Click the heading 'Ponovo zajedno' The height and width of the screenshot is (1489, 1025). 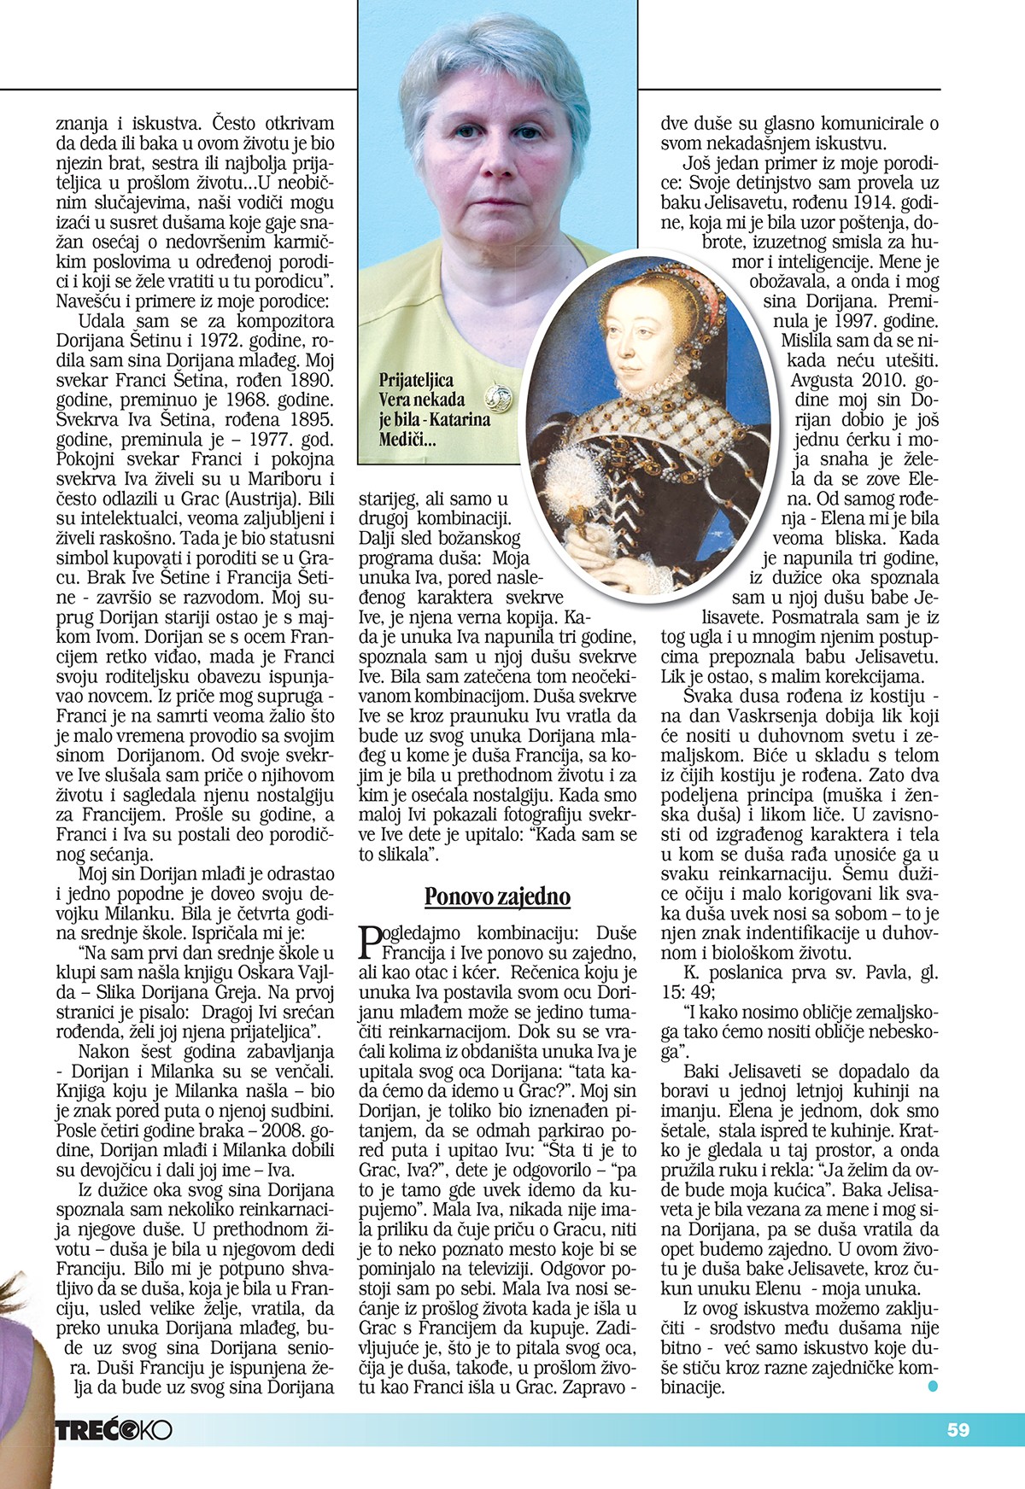click(497, 896)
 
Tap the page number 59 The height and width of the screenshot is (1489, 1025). click(958, 1429)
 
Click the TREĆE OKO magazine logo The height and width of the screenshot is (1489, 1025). click(114, 1430)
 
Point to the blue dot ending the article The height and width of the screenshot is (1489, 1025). click(933, 1387)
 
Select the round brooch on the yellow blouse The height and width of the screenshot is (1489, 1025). click(497, 396)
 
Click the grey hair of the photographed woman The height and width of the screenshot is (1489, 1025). click(483, 60)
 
